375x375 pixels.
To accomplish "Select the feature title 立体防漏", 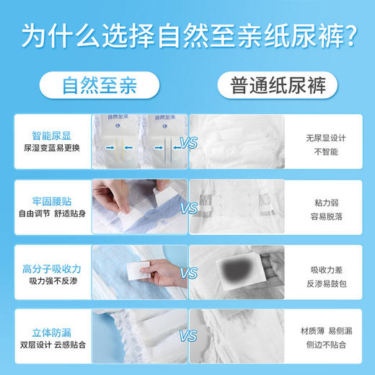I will click(51, 329).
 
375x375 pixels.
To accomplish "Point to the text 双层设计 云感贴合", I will click(51, 345).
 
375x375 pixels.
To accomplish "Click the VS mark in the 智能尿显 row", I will click(188, 143).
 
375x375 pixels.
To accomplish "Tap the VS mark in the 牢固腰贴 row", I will click(188, 208).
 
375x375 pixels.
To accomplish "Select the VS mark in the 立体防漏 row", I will click(188, 336).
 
